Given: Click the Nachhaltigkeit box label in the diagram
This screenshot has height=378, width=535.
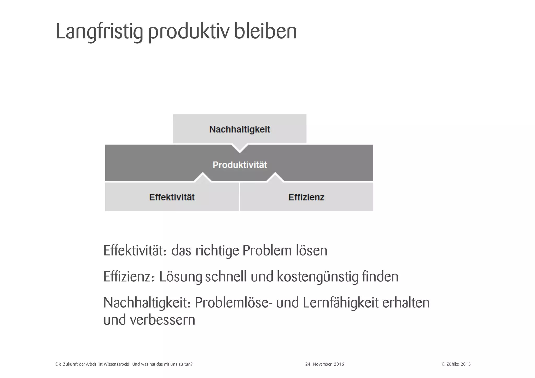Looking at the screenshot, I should [x=240, y=129].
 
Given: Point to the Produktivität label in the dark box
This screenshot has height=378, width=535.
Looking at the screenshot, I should [x=240, y=165].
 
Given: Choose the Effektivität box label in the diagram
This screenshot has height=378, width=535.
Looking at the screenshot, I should [x=172, y=197].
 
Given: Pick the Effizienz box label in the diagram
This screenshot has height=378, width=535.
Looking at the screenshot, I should [x=306, y=197].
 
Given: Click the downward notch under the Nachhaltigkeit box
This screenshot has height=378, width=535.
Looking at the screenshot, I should [x=240, y=148].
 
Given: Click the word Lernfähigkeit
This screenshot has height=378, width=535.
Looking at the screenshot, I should [x=340, y=303].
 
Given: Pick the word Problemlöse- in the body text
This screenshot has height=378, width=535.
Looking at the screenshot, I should [x=232, y=303].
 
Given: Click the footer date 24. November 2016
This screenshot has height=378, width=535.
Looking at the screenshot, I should [x=324, y=364].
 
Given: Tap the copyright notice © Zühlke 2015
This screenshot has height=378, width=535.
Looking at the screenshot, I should [x=456, y=364].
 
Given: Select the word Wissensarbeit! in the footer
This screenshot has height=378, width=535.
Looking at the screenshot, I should [x=116, y=364].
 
